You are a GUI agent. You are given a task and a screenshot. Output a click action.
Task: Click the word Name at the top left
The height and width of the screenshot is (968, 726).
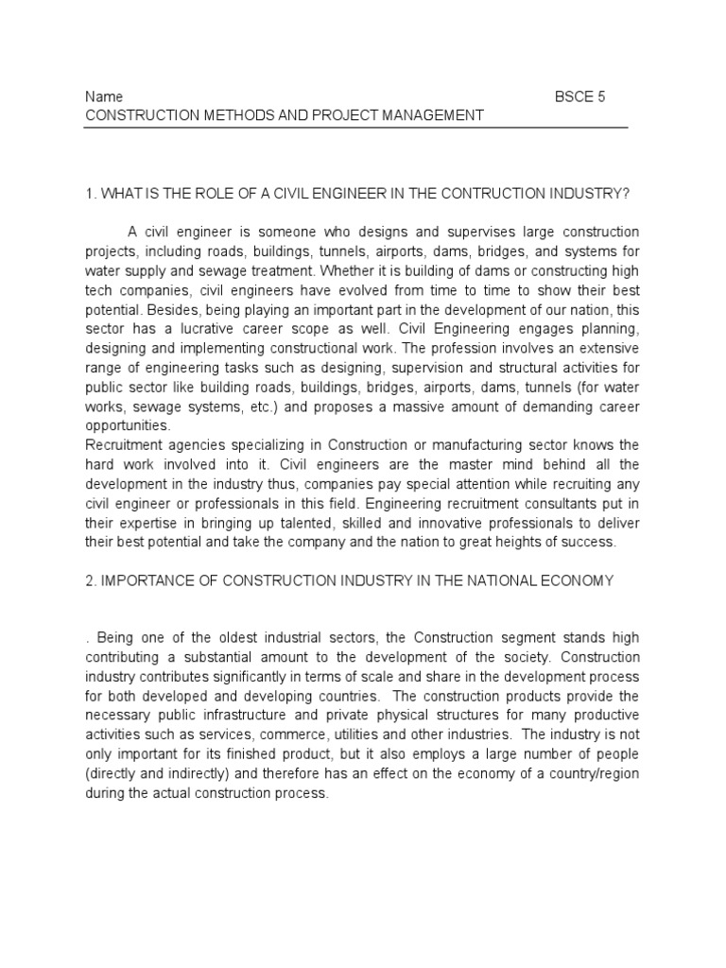pos(104,97)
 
